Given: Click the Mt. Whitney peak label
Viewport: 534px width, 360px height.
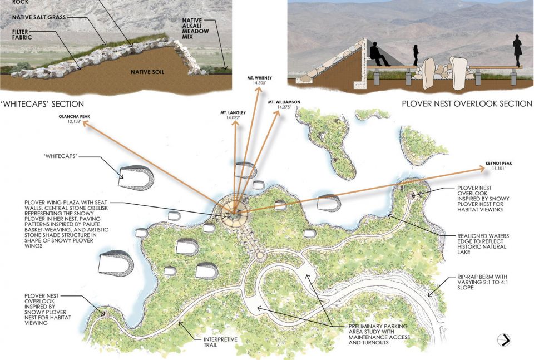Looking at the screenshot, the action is coord(260,80).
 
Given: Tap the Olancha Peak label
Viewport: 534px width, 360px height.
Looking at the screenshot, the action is coord(74,119).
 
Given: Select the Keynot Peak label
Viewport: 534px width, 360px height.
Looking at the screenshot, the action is coord(498,165).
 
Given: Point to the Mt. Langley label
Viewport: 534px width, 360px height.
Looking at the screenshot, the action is coord(233,115).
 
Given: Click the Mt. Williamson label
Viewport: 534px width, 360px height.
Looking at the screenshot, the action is coord(284,104).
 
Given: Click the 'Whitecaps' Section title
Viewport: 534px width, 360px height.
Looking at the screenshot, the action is coord(43,104).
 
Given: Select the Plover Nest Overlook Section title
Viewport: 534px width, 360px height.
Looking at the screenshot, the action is coord(467,103).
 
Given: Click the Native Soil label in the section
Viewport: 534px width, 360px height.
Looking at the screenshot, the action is coord(147,72).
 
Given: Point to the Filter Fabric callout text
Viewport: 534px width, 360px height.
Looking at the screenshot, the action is coord(22,34).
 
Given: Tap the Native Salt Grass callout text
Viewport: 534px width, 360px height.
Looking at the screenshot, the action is coord(39,17).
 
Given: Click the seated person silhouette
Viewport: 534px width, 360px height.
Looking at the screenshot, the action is coord(378,55).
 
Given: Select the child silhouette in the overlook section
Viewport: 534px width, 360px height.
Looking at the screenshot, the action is coord(416,55).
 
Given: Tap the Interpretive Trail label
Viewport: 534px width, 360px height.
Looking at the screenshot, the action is coord(220,342).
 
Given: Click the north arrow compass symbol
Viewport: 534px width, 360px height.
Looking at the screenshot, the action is coord(504,340).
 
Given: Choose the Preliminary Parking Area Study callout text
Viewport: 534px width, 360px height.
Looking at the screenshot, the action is coord(379,334).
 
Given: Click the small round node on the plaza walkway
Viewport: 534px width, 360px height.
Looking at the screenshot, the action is coord(260,255).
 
